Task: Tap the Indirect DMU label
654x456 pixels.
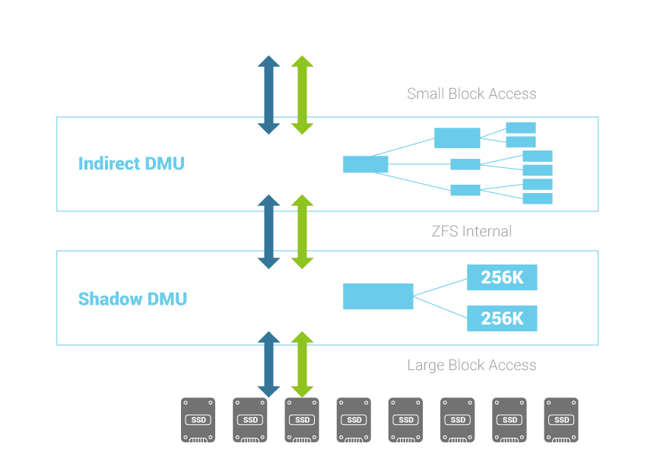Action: point(131,163)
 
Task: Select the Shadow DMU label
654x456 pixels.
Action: point(132,299)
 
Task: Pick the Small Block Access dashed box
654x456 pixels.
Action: point(471,94)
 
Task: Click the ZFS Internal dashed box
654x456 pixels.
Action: point(471,231)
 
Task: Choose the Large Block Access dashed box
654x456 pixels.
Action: point(471,365)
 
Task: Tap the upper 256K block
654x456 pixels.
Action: point(502,277)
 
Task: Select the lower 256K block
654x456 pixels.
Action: point(502,318)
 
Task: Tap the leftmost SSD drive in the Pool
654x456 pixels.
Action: point(198,420)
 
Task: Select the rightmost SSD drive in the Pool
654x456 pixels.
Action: point(561,420)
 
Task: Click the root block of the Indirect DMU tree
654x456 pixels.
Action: point(365,164)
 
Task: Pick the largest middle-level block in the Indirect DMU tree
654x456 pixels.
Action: point(457,138)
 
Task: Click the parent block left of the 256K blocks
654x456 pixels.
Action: point(378,296)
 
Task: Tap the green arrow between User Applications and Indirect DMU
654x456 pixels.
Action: point(303,95)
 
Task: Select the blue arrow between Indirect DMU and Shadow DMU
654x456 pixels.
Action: point(268,232)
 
